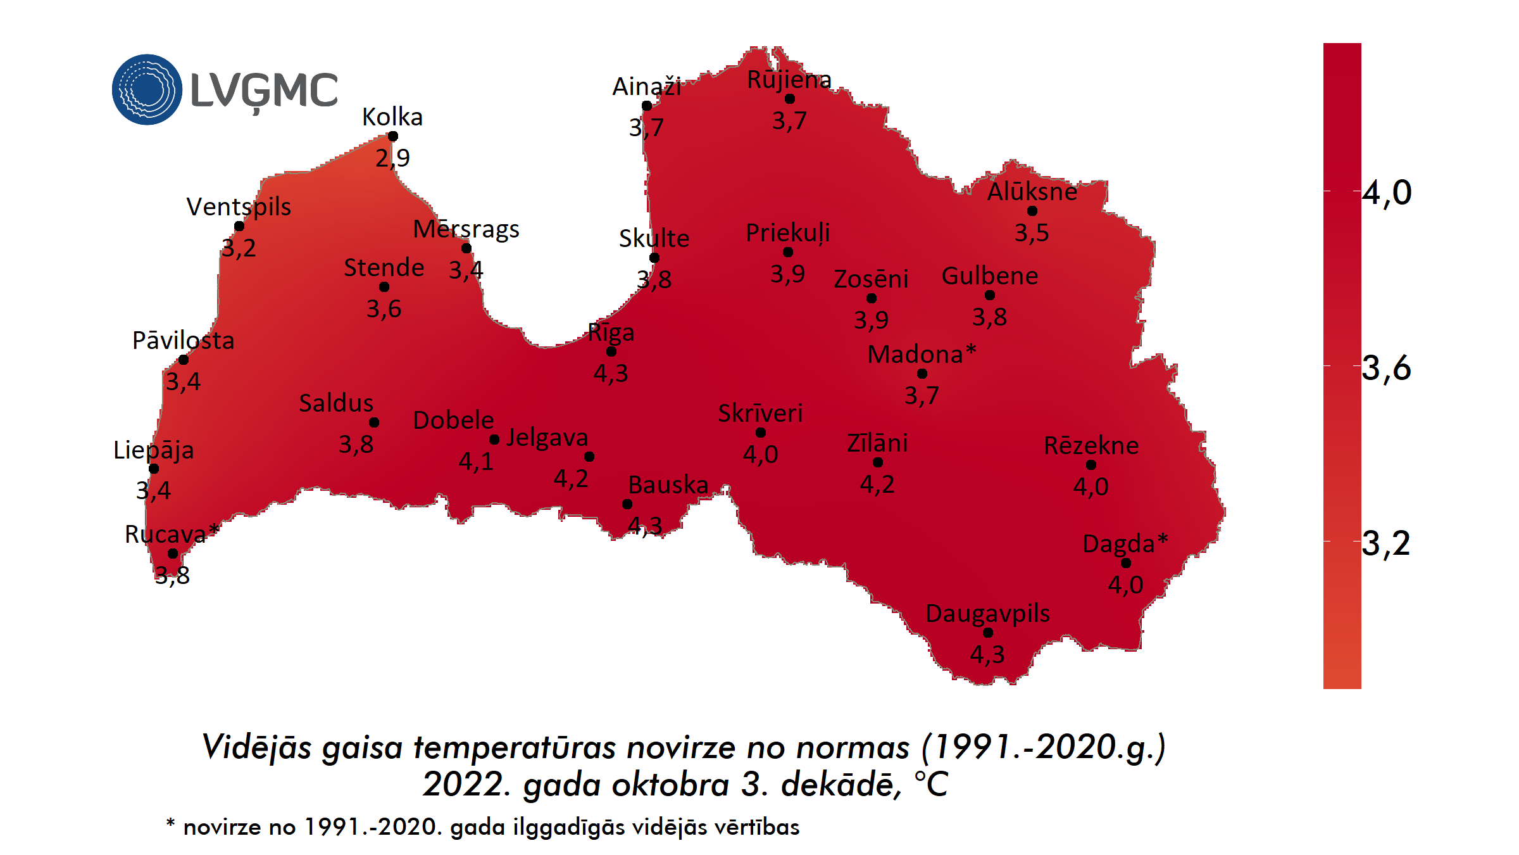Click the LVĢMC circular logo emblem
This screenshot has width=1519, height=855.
[147, 89]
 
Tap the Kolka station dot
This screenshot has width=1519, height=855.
[392, 136]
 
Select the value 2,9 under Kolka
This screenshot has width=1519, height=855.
[392, 158]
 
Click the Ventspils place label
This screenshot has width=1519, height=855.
[239, 207]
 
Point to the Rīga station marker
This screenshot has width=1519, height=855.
[611, 351]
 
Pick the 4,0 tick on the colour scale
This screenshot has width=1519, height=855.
[1386, 192]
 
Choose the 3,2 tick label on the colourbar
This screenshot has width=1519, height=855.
[1386, 543]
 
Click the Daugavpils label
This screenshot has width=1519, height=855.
[987, 613]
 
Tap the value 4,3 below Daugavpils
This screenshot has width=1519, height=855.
[987, 654]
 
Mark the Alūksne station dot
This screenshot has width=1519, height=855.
[1032, 211]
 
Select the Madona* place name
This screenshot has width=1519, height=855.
[922, 354]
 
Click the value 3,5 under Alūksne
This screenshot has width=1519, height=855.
[1032, 232]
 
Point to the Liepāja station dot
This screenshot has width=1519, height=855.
[154, 469]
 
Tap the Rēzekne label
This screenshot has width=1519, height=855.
[1091, 445]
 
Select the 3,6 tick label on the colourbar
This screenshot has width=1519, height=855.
[1386, 367]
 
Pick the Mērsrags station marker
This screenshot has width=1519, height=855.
[466, 248]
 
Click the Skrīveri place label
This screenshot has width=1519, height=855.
[760, 413]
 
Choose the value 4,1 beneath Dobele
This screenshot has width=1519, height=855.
[476, 461]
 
